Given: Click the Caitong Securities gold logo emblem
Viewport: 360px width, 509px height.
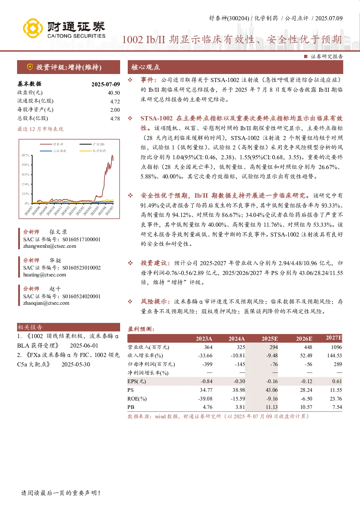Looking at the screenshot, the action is (33, 28).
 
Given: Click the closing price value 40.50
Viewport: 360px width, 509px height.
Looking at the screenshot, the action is (114, 93).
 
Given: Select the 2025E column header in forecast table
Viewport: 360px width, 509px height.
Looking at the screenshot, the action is (270, 339).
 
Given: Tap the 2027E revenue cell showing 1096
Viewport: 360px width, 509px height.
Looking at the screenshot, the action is (336, 347).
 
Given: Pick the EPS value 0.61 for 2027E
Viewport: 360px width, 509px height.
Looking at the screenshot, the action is (337, 381).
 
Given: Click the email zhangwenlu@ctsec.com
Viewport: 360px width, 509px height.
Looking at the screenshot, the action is (50, 246).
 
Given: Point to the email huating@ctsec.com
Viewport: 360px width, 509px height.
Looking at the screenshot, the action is (45, 275).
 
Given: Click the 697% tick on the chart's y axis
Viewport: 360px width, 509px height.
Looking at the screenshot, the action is (25, 155).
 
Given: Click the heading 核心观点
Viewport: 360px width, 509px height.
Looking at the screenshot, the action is (146, 67).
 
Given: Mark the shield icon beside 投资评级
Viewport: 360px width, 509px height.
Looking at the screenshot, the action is (30, 67).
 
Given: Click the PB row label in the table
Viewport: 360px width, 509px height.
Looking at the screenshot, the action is (131, 407).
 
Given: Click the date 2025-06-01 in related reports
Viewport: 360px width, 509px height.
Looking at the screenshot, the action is (84, 346).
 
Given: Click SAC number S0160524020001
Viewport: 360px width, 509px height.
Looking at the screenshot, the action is (81, 296).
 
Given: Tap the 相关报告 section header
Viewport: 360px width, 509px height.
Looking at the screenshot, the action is (30, 327).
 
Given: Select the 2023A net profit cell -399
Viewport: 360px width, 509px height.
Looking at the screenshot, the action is (207, 364).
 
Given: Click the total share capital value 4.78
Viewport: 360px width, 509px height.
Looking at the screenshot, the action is (115, 119).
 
